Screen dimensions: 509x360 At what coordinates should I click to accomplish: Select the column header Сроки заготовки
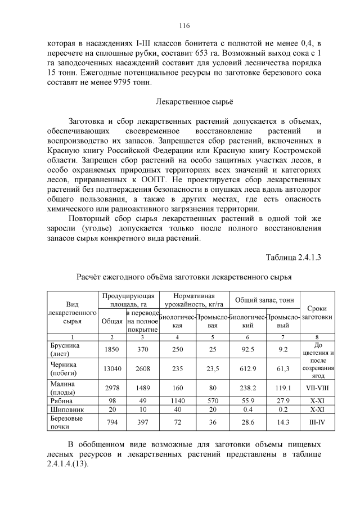(x=317, y=313)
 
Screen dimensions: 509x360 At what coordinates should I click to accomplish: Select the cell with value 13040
(x=111, y=368)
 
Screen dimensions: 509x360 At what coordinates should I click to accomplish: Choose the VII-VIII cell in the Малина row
(x=317, y=388)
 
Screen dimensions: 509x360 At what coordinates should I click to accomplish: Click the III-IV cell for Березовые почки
(x=317, y=422)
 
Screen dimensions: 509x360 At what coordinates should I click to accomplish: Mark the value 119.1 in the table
(x=282, y=388)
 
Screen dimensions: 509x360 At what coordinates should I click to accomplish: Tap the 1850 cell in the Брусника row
(x=111, y=349)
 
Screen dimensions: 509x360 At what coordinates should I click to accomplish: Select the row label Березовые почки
(x=66, y=422)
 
